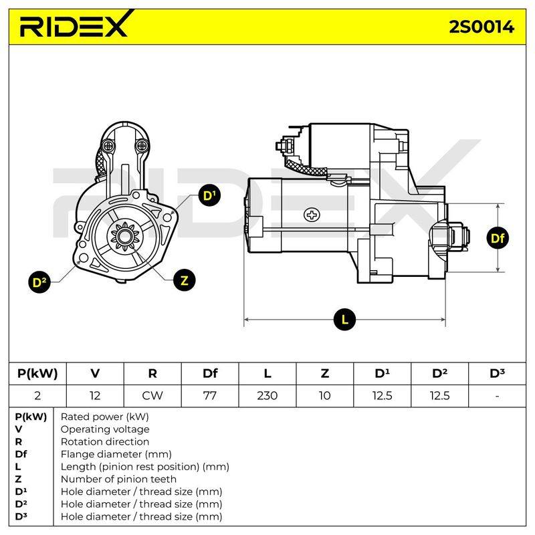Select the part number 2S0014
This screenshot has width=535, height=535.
pyautogui.click(x=481, y=27)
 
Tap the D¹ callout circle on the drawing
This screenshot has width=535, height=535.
pyautogui.click(x=209, y=195)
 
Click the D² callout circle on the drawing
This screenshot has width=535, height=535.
pyautogui.click(x=39, y=282)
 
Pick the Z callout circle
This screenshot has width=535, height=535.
pyautogui.click(x=185, y=280)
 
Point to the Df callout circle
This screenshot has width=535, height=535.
pyautogui.click(x=498, y=238)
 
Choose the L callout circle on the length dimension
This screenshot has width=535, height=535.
pyautogui.click(x=344, y=320)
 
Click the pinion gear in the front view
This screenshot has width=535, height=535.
pyautogui.click(x=125, y=236)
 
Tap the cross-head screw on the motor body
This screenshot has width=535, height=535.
pyautogui.click(x=312, y=215)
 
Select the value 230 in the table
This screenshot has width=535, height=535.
pyautogui.click(x=267, y=396)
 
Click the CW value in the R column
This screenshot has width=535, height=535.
pyautogui.click(x=152, y=396)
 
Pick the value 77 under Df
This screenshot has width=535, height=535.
pyautogui.click(x=209, y=396)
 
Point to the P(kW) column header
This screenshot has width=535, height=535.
pyautogui.click(x=37, y=374)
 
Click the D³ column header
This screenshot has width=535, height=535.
pyautogui.click(x=497, y=373)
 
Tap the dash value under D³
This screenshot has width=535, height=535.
pyautogui.click(x=497, y=397)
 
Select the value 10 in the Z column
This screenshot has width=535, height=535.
pyautogui.click(x=324, y=396)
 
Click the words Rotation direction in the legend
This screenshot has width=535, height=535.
pyautogui.click(x=105, y=441)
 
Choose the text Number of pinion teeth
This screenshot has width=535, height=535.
pyautogui.click(x=118, y=479)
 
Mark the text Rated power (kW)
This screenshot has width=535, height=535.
pyautogui.click(x=105, y=417)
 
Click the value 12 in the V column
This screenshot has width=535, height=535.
pyautogui.click(x=95, y=396)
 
